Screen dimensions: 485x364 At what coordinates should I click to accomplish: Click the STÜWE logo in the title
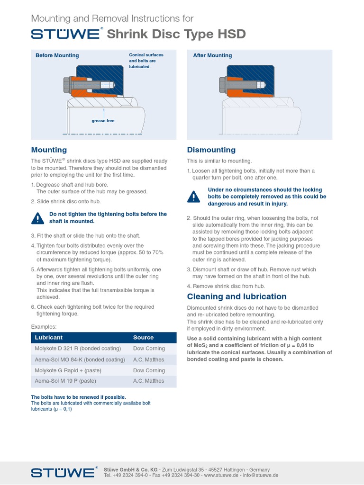click(x=65, y=34)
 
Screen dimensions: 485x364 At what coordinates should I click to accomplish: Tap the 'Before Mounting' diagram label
click(x=57, y=55)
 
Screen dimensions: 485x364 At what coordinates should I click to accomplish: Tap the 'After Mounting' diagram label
click(x=212, y=55)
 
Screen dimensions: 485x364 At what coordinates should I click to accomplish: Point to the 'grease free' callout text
click(x=103, y=121)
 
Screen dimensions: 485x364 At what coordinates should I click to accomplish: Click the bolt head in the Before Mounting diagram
click(x=67, y=85)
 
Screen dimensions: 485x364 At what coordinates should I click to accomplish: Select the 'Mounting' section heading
click(x=49, y=150)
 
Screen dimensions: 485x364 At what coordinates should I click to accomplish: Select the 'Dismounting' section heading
click(x=211, y=150)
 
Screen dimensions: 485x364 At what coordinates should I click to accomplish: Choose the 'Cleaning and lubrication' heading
click(x=237, y=296)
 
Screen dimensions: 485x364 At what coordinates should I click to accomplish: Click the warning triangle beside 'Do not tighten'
click(x=37, y=218)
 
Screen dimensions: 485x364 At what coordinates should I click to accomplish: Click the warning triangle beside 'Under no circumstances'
click(x=193, y=197)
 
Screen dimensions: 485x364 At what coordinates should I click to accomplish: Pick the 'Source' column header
click(x=143, y=338)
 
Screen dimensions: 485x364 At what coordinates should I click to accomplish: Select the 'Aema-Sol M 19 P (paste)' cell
click(x=65, y=381)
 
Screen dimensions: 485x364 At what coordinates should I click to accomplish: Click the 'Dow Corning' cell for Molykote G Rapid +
click(x=149, y=370)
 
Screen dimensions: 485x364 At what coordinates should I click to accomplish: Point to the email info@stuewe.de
click(x=261, y=475)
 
